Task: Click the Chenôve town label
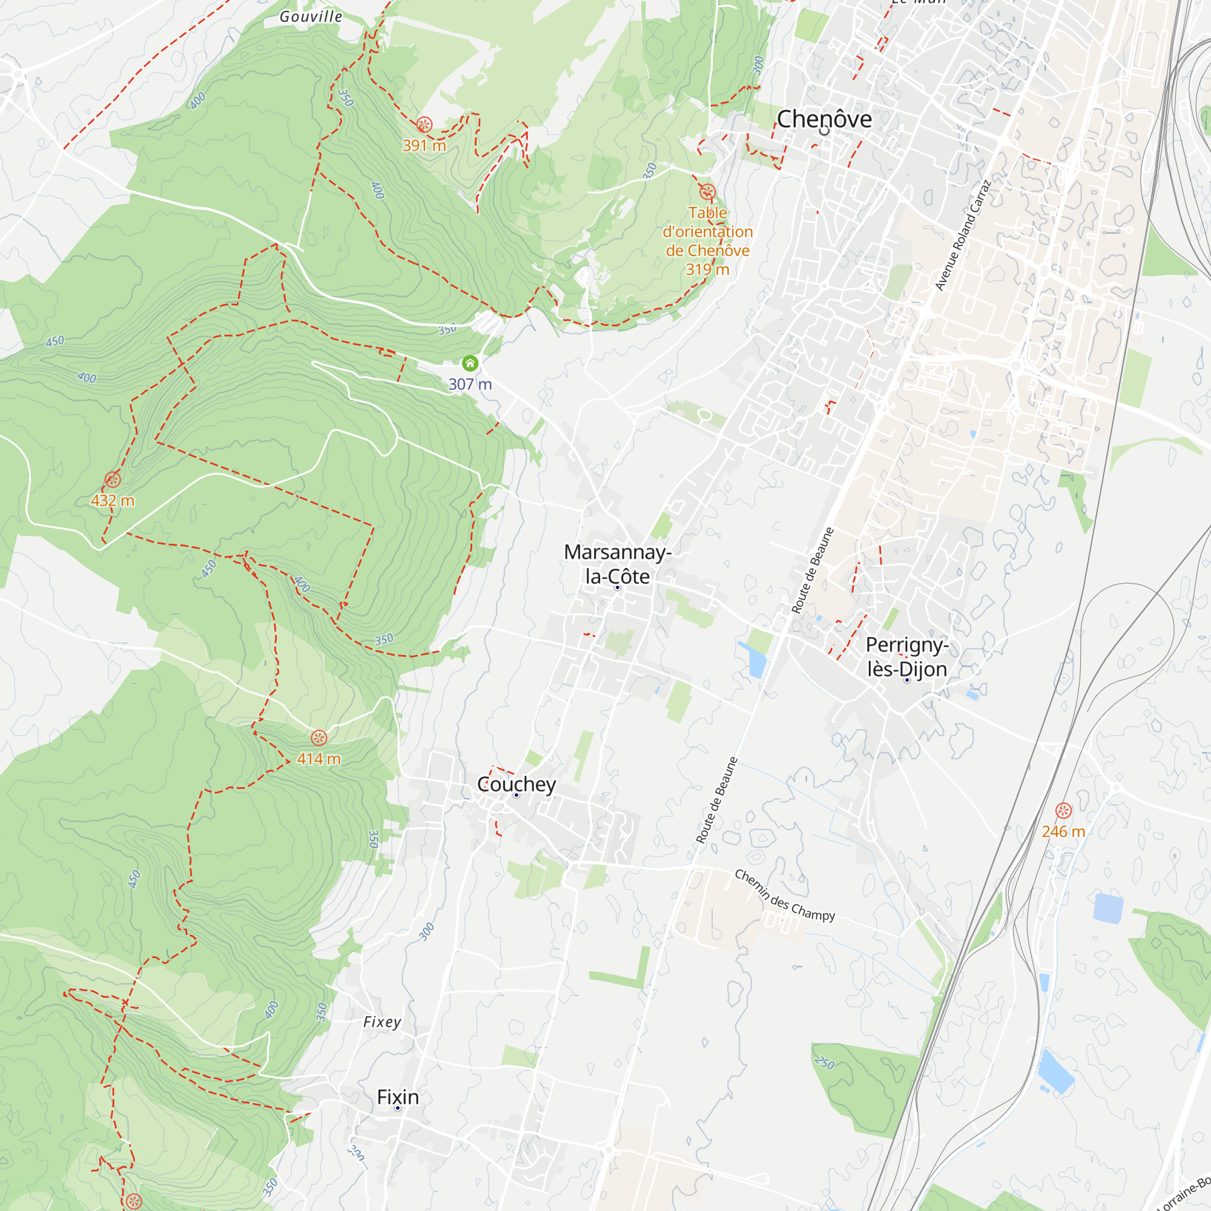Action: pos(823,119)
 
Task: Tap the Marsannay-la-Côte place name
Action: pos(618,564)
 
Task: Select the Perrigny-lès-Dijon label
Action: pos(906,657)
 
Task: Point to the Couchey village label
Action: pos(516,784)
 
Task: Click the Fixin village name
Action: pos(397,1097)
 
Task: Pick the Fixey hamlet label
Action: pos(381,1022)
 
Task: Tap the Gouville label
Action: pos(311,17)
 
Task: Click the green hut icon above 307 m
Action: pos(470,363)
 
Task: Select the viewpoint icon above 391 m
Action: pos(424,124)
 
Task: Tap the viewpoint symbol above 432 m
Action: pos(113,480)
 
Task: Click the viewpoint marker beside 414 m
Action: pos(319,737)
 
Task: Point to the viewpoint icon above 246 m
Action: pos(1063,811)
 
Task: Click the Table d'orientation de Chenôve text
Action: pos(708,241)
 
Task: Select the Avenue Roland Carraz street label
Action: pos(963,235)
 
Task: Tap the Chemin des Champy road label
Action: pos(784,894)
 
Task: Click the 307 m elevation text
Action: pos(470,384)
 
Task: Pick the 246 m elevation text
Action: pos(1063,832)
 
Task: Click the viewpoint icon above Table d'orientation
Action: pos(707,191)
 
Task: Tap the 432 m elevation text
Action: pos(113,501)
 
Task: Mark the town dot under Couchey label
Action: pos(516,796)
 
